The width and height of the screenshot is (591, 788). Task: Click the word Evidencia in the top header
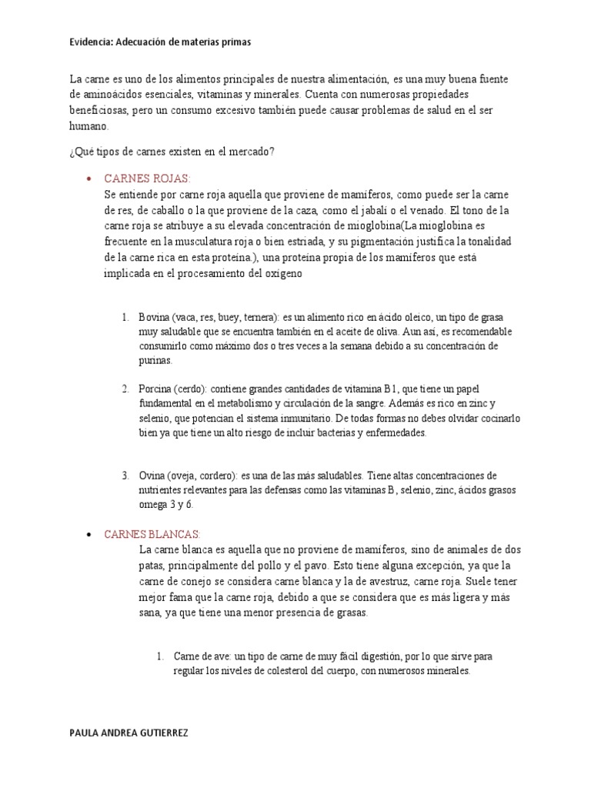[92, 43]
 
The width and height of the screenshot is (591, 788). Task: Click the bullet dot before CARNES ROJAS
[90, 179]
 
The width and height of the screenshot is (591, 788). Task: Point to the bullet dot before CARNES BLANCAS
[90, 535]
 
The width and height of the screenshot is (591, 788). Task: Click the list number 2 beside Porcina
[125, 389]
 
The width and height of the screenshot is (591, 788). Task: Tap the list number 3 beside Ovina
[125, 476]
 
